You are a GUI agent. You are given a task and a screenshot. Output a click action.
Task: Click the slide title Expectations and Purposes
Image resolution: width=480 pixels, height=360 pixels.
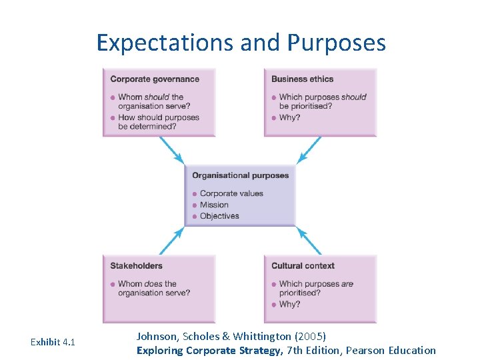click(241, 43)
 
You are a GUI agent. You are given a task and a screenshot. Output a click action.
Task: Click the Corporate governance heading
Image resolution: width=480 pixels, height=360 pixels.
click(155, 79)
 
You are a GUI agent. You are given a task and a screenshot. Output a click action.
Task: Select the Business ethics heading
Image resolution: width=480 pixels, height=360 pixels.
click(302, 79)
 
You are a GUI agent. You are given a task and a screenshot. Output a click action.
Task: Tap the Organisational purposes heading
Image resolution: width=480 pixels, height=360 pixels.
click(240, 176)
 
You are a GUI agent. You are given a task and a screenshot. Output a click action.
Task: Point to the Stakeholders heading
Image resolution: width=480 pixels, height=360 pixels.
click(136, 266)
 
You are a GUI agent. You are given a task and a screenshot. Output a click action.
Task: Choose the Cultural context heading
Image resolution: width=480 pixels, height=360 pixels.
click(303, 266)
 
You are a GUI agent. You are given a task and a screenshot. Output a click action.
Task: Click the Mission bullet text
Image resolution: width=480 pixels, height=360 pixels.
click(214, 205)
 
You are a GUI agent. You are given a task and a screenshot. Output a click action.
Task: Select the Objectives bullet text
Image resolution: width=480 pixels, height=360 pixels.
click(219, 216)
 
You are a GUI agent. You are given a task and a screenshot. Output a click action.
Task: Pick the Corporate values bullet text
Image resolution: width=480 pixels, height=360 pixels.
click(231, 193)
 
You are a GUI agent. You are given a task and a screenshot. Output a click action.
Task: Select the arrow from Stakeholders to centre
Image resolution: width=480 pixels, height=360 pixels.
click(171, 241)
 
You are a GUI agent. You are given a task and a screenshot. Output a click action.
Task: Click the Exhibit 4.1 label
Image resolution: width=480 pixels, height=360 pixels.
click(53, 343)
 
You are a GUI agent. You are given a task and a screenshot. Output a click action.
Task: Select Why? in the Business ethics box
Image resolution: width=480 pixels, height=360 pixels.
click(290, 117)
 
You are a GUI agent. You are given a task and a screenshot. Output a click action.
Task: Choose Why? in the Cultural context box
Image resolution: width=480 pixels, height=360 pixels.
click(290, 304)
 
